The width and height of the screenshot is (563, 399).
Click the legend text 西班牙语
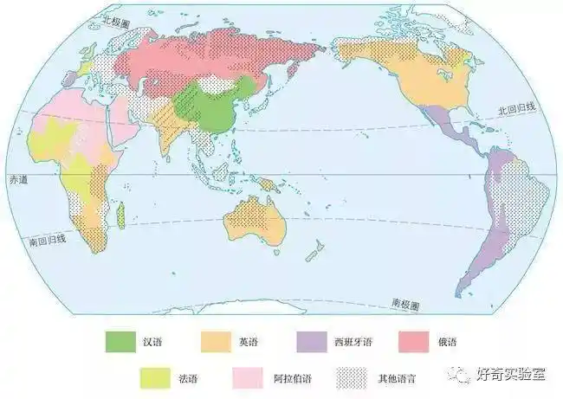(x=351, y=340)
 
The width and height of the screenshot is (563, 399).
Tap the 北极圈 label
(x=115, y=19)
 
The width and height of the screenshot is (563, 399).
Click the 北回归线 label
(x=516, y=110)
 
